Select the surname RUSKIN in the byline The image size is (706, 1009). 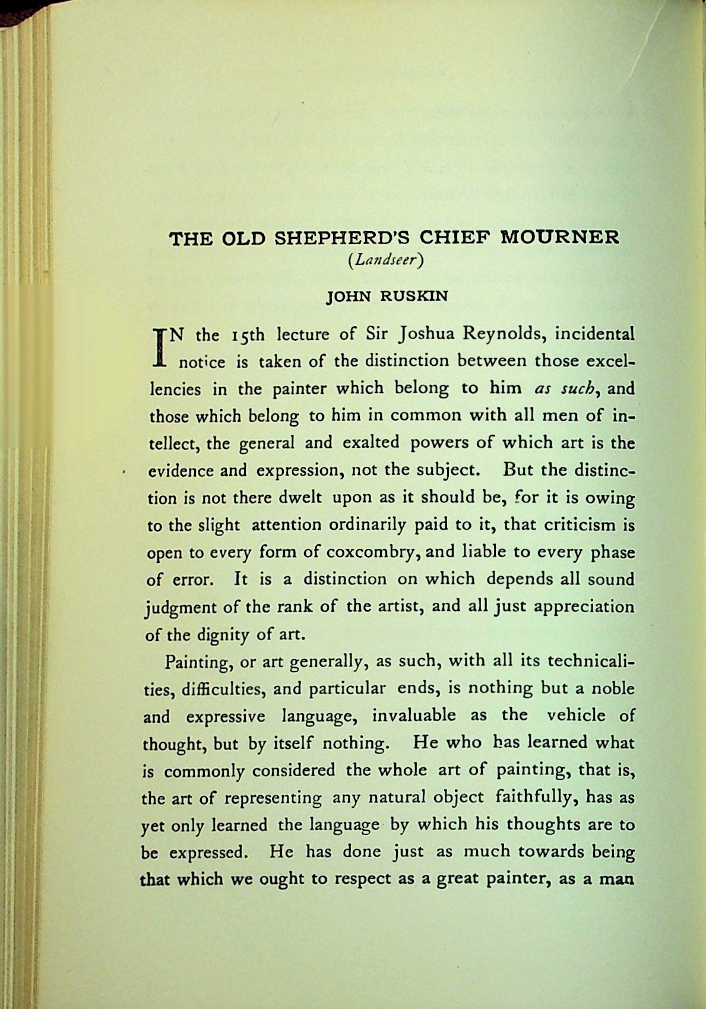pyautogui.click(x=415, y=296)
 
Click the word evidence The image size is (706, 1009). pyautogui.click(x=180, y=471)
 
